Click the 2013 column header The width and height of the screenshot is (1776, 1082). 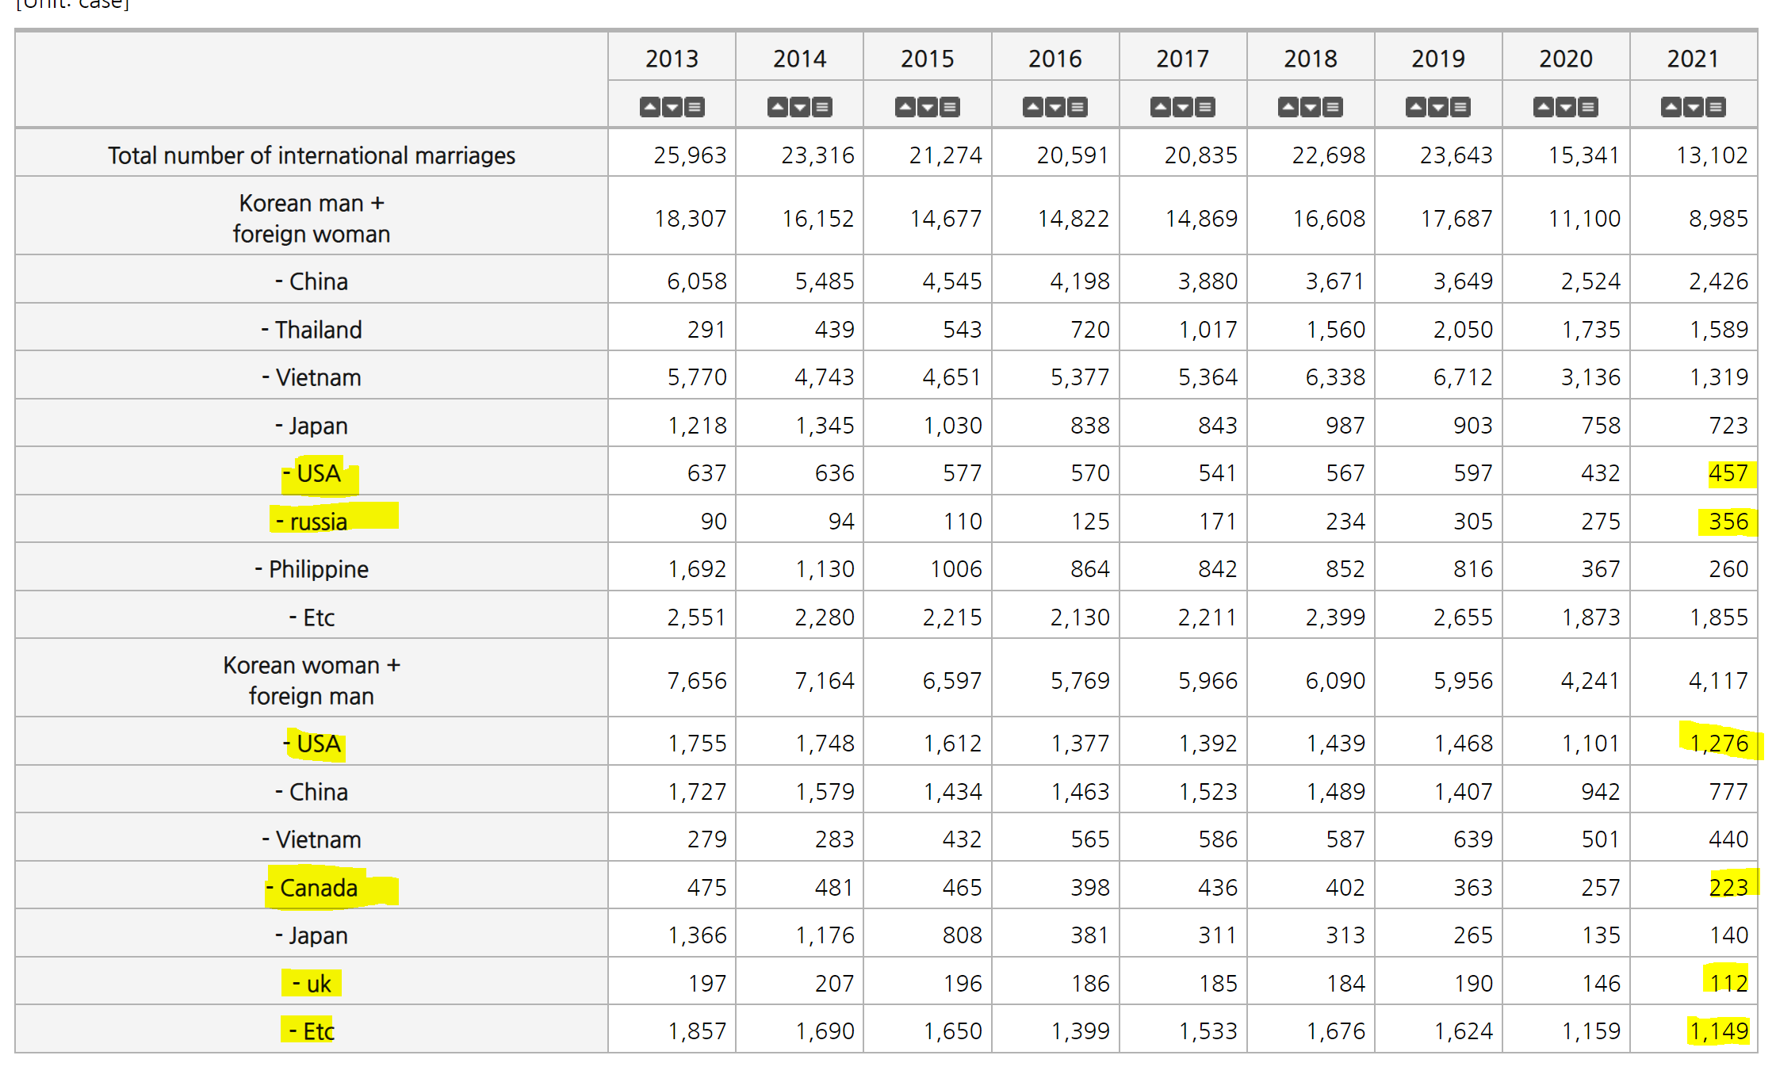(672, 59)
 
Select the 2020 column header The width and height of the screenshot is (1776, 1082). (1566, 59)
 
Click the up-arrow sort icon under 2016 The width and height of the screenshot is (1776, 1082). (1033, 107)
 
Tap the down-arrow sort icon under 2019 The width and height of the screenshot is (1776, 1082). (1438, 107)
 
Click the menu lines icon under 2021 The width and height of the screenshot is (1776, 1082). (1716, 107)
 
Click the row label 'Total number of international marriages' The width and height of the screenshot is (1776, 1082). (312, 155)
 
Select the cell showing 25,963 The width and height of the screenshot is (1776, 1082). (690, 155)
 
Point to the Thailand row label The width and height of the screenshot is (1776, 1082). (312, 330)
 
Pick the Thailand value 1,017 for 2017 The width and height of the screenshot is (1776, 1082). (1208, 330)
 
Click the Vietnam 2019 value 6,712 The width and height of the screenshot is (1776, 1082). (1463, 377)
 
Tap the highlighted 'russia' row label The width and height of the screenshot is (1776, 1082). (312, 522)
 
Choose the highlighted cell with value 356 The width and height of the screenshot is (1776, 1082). (1728, 522)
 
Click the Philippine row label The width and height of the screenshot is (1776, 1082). (312, 569)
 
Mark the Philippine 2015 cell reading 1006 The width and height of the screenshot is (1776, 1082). (956, 569)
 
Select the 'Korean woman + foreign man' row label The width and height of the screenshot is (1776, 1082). (312, 680)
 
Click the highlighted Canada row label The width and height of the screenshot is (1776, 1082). (312, 888)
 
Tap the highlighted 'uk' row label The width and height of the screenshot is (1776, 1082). (312, 984)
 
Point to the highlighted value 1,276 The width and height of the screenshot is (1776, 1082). (1719, 744)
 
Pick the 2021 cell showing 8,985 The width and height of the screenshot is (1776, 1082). (1718, 219)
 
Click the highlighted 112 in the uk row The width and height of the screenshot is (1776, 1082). (1728, 984)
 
